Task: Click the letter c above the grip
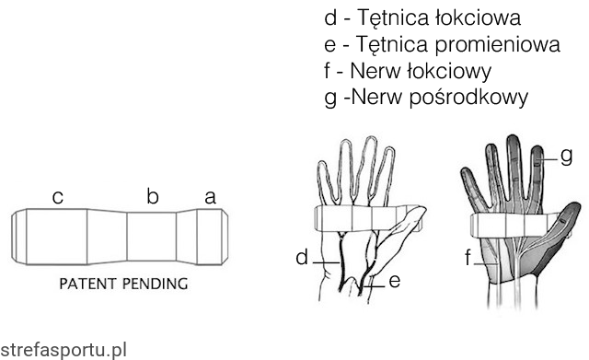coord(57,198)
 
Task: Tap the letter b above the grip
coord(153,196)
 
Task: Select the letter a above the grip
coord(211,198)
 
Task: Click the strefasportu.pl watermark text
coord(64,350)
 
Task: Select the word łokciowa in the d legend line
coord(479,17)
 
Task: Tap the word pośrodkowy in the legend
coord(468,98)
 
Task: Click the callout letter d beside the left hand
coord(302,258)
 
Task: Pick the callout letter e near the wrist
coord(395,281)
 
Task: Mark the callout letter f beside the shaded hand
coord(468,258)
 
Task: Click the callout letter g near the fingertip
coord(567,157)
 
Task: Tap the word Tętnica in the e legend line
coord(391,45)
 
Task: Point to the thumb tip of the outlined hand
coord(423,209)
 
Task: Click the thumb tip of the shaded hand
coord(576,206)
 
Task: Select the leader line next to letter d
coord(326,262)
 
